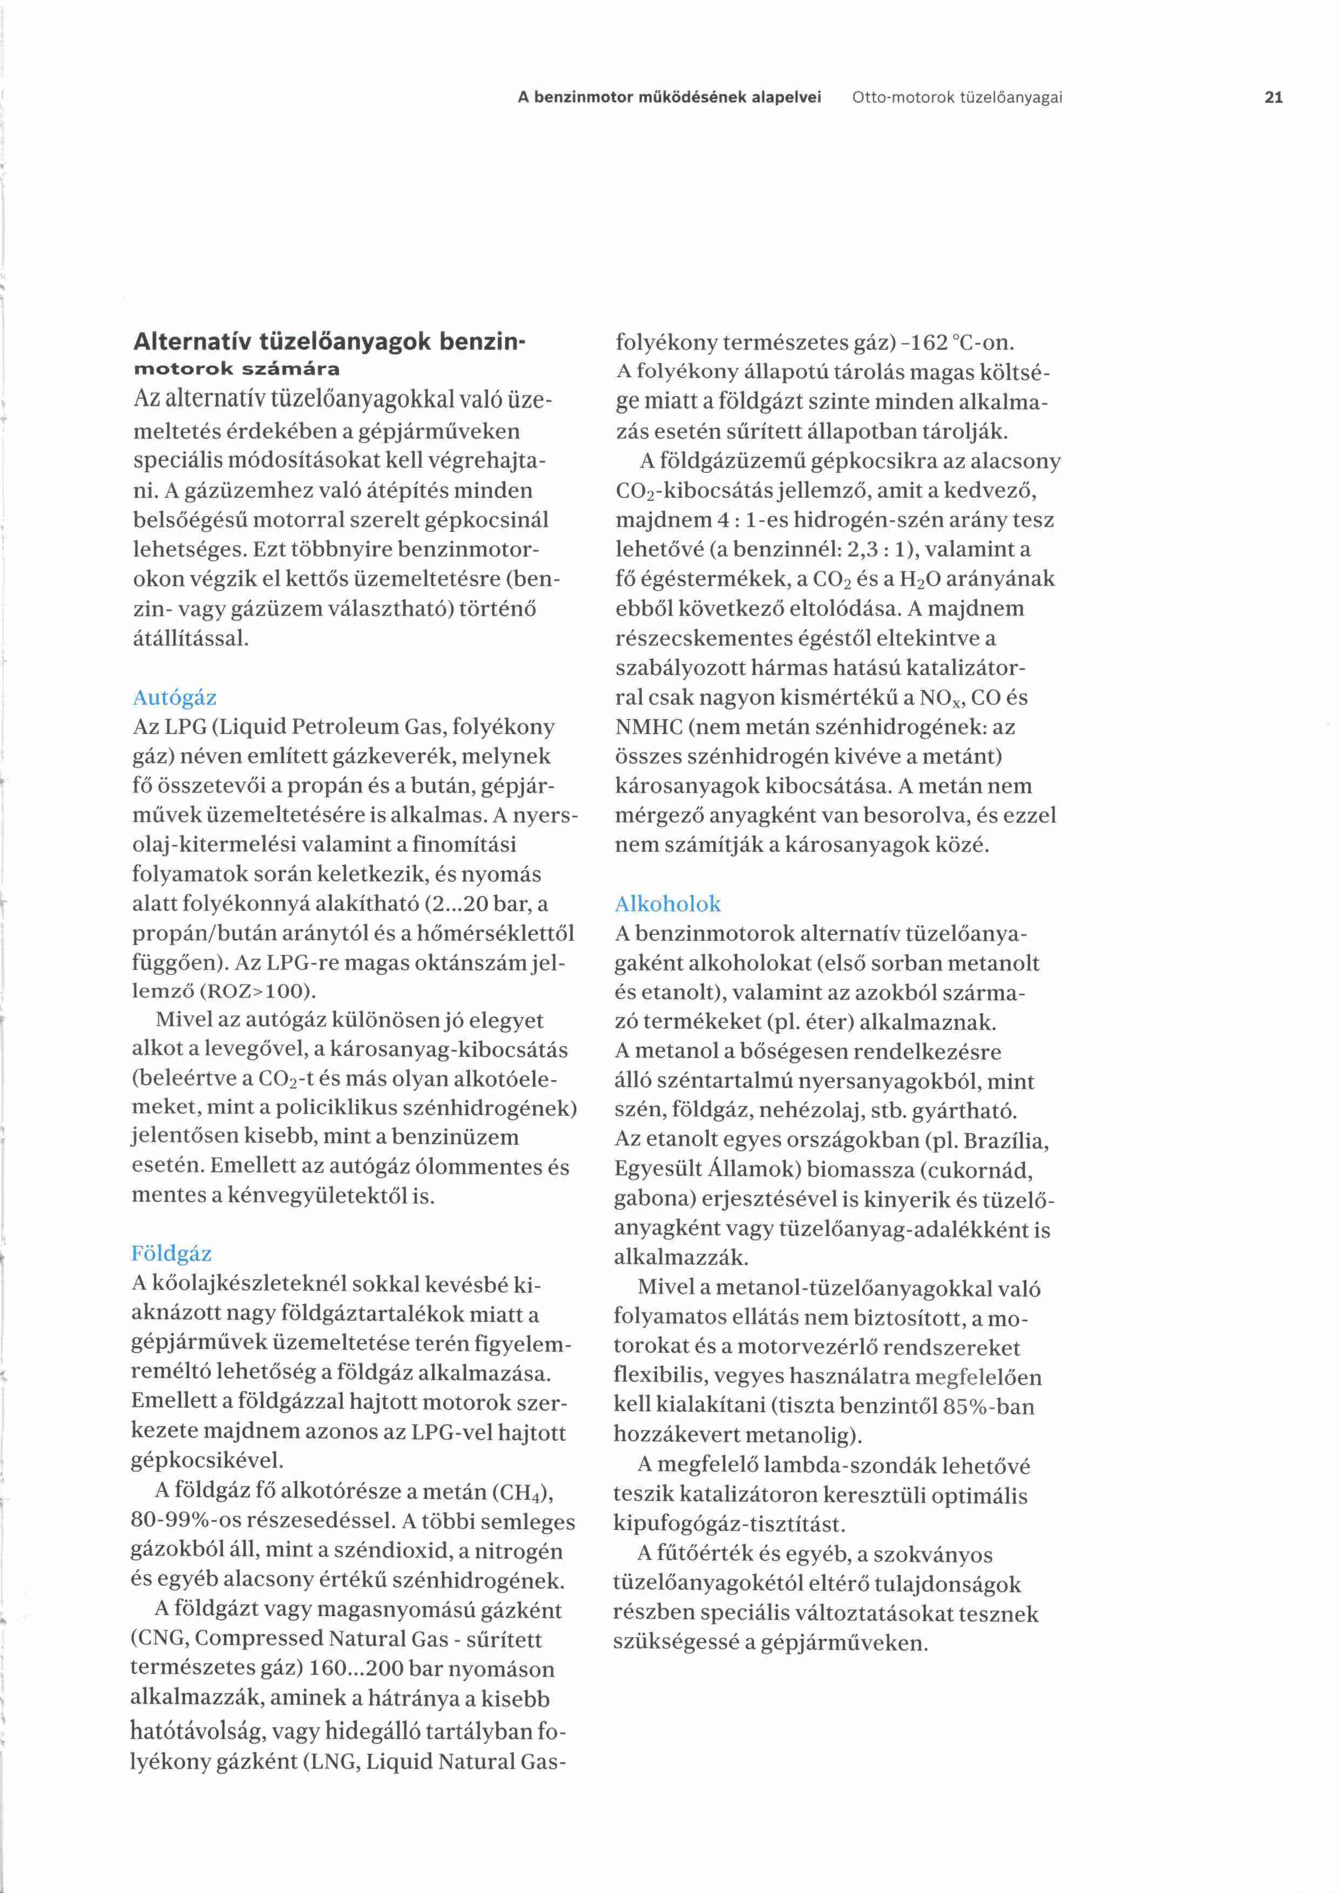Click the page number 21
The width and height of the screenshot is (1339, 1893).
click(x=1273, y=97)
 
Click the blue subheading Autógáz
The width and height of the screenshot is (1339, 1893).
click(x=175, y=697)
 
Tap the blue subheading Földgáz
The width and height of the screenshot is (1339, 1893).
click(x=172, y=1254)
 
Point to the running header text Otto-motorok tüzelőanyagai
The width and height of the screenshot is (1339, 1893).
click(x=956, y=97)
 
